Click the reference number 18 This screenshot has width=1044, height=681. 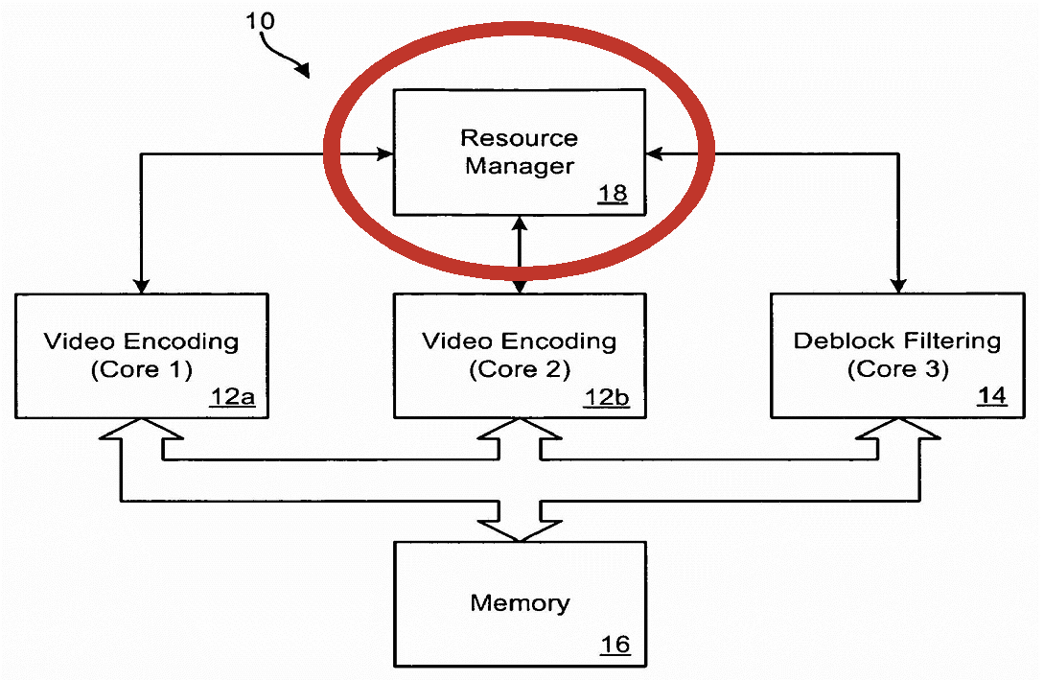[613, 193]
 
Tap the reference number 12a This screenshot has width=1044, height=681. [232, 397]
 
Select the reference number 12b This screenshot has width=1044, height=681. [607, 398]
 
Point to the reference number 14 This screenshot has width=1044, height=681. [991, 396]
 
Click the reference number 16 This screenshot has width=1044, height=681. [615, 645]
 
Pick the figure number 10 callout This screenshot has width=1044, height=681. [261, 21]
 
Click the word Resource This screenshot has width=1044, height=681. [520, 138]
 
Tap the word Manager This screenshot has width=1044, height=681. [520, 166]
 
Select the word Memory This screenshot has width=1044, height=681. [520, 603]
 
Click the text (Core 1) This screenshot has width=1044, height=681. [141, 369]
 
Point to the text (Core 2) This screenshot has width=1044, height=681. [520, 369]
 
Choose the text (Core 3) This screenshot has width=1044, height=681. [897, 368]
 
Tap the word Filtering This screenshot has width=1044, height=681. [952, 341]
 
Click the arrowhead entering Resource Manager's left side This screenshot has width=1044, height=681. [384, 153]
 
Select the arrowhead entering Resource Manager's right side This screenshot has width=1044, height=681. [655, 153]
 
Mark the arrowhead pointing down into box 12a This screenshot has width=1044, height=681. [141, 285]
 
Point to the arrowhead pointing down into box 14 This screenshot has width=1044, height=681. [898, 285]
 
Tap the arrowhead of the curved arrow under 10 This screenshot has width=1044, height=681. [303, 70]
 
